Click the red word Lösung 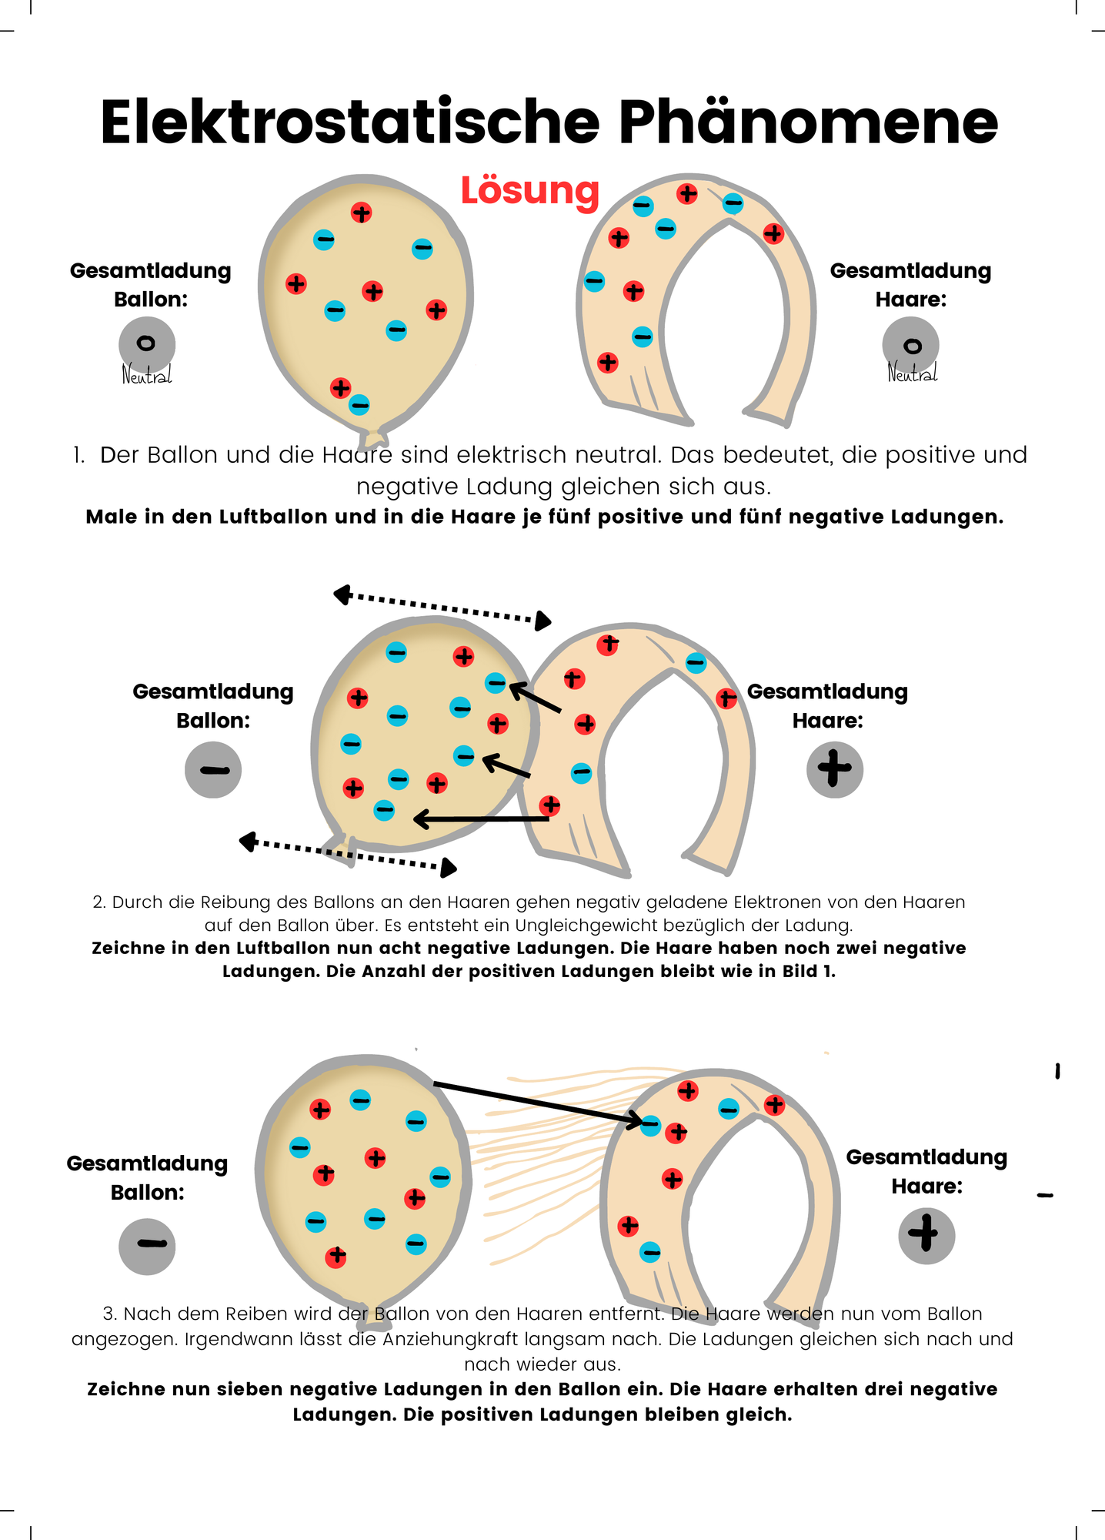(529, 190)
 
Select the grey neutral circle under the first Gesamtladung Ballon (147, 343)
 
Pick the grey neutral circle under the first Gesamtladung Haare (911, 345)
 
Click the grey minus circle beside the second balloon (213, 769)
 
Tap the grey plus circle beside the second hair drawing (835, 769)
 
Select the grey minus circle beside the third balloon (147, 1246)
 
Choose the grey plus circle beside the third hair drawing (926, 1235)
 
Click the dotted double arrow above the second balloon (442, 608)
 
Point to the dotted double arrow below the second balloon (348, 855)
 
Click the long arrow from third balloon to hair (539, 1103)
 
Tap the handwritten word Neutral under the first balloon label (147, 375)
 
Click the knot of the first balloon (374, 437)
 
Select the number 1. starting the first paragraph (78, 455)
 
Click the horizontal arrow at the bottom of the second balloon (482, 819)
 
